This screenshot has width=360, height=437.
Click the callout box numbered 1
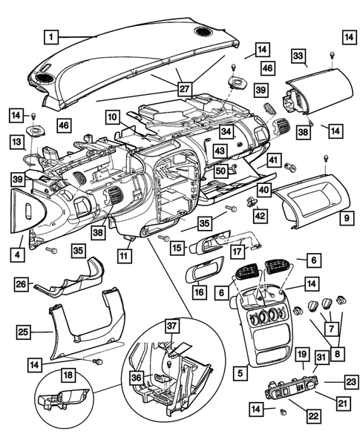(x=50, y=35)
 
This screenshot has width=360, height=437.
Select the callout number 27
(x=183, y=88)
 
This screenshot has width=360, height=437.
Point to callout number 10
(x=111, y=117)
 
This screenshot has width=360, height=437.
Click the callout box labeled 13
(x=16, y=140)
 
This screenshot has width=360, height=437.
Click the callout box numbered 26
(x=23, y=283)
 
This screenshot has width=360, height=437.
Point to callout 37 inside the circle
(x=171, y=326)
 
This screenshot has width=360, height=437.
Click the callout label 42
(x=260, y=215)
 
